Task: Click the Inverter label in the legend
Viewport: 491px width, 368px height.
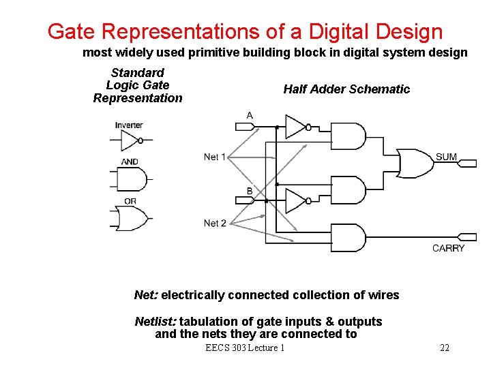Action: [129, 125]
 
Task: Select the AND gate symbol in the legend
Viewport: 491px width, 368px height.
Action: [132, 179]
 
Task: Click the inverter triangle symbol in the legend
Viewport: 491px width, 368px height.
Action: [130, 140]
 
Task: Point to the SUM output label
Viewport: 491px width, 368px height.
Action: [446, 157]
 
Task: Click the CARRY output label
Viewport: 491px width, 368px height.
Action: [448, 248]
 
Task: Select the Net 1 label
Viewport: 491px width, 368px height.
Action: [215, 157]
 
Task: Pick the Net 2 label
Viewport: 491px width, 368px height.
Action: [215, 223]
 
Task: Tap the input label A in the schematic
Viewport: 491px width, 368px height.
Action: [250, 116]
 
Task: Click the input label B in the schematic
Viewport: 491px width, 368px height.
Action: [250, 191]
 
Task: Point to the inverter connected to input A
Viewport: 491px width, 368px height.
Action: [295, 126]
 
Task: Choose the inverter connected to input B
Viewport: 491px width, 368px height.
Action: [295, 201]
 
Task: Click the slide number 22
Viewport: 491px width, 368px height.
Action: [445, 348]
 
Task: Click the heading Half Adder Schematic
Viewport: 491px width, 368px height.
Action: [346, 89]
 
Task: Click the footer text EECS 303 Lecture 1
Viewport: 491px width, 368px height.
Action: [245, 348]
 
